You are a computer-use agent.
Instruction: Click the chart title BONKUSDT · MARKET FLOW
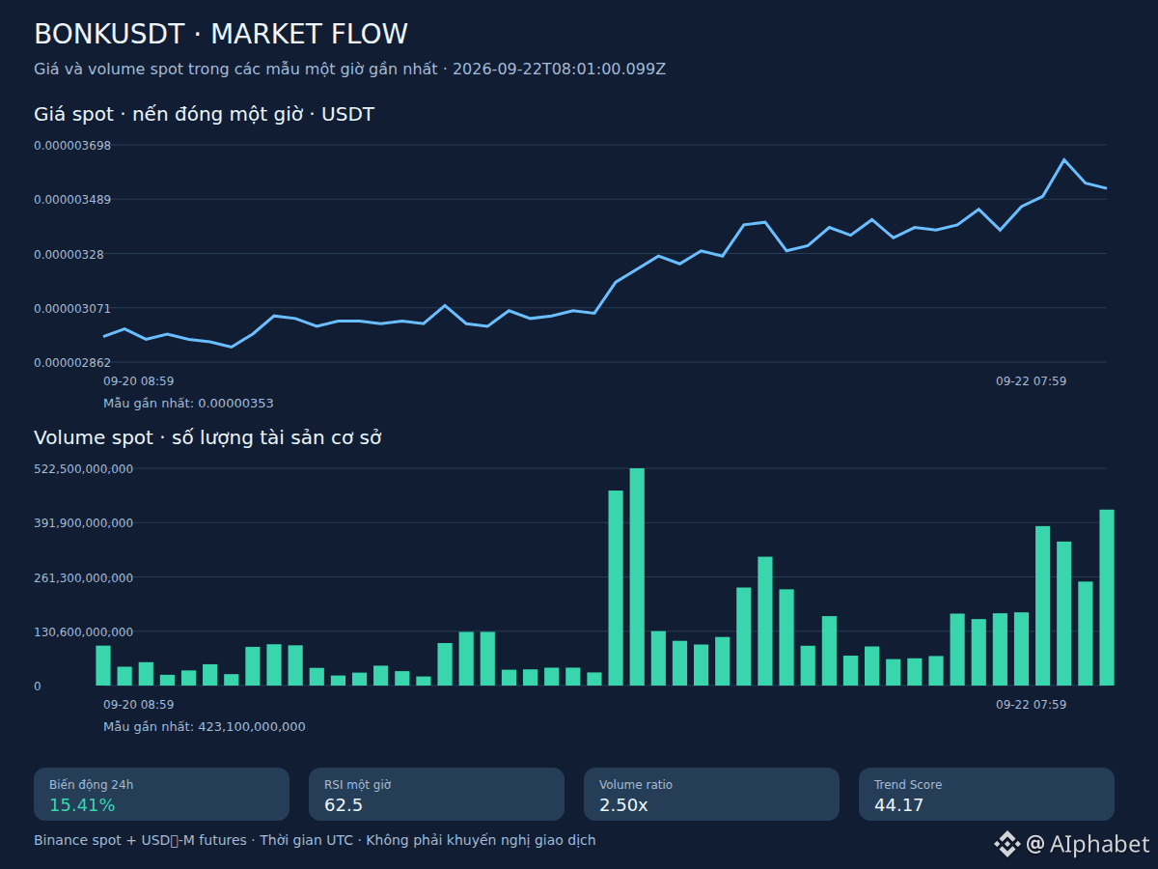coord(221,34)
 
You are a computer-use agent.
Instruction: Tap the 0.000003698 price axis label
coord(72,145)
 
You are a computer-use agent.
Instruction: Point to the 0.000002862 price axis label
coord(72,362)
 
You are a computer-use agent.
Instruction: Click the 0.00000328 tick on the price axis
coord(69,254)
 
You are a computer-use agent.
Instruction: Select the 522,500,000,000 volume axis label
coord(83,468)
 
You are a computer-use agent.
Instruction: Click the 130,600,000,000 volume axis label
coord(83,631)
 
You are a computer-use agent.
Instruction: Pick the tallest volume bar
coord(637,576)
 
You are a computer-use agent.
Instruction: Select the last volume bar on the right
coord(1106,598)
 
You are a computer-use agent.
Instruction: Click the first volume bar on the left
coord(103,665)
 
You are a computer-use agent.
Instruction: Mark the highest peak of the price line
coord(1063,158)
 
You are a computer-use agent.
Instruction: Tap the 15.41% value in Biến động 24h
coord(82,804)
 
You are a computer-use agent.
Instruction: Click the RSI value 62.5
coord(343,804)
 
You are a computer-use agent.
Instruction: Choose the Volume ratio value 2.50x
coord(623,804)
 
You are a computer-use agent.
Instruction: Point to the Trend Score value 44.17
coord(898,804)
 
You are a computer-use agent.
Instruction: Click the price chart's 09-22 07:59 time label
coord(1031,381)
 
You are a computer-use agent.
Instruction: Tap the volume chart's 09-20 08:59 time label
coord(138,705)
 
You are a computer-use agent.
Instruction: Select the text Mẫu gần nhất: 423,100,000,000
coord(205,726)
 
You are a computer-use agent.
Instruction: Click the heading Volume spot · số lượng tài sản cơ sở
coord(207,437)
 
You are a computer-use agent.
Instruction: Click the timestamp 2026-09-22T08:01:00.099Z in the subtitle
coord(559,70)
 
